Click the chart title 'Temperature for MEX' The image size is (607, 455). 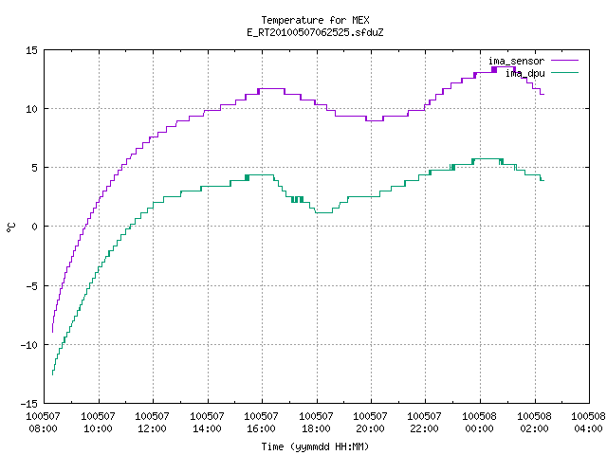(x=315, y=20)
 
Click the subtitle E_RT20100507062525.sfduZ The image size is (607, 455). (x=315, y=32)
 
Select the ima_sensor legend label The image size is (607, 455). (x=516, y=61)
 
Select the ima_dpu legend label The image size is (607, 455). (x=524, y=73)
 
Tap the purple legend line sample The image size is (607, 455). (x=565, y=61)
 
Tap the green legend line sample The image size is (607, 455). (x=565, y=72)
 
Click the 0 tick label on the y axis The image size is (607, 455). (x=34, y=227)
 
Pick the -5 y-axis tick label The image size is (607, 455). (x=31, y=286)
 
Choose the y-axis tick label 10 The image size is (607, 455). (x=31, y=109)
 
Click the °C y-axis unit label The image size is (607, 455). (x=11, y=227)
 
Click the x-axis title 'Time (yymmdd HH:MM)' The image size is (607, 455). (x=315, y=446)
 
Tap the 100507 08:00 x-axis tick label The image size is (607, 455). (x=43, y=423)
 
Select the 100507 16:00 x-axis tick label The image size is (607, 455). (x=261, y=423)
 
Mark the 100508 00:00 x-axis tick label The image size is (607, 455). (x=479, y=423)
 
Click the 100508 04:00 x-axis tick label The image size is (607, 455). (x=588, y=423)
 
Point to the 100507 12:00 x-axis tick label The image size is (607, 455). (x=152, y=423)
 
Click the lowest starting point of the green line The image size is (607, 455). (x=52, y=374)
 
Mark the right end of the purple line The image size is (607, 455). (x=543, y=94)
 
